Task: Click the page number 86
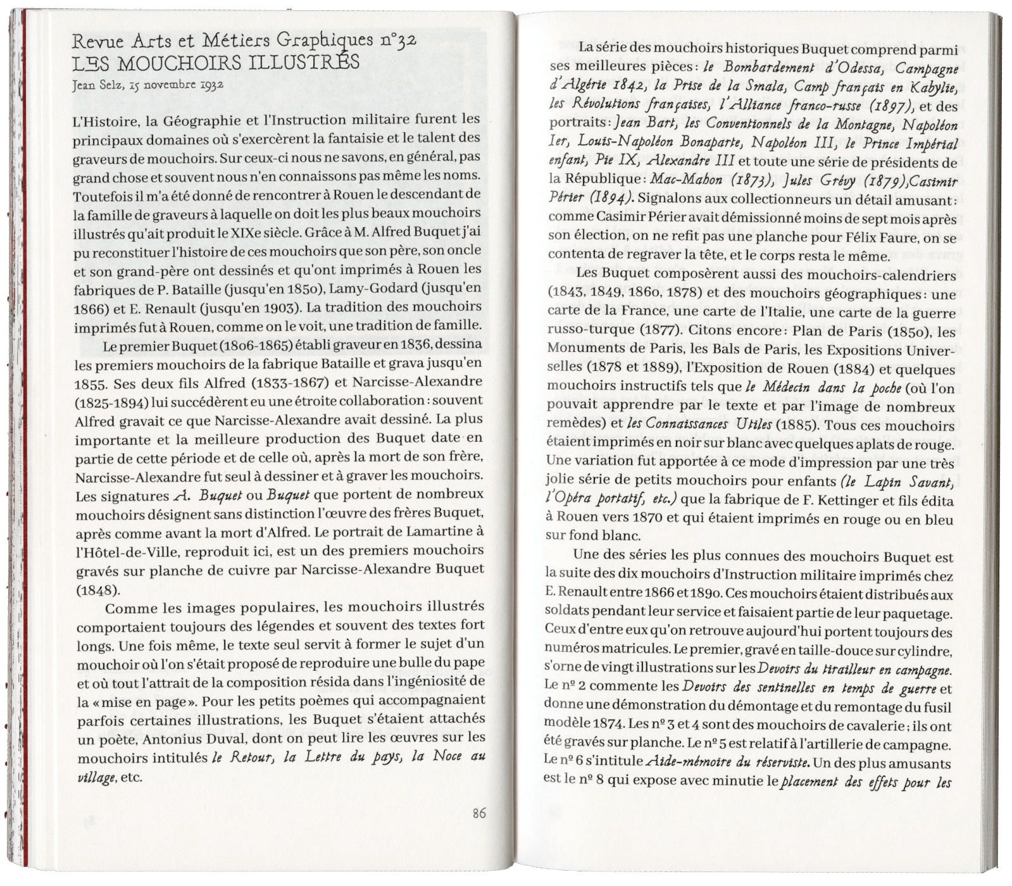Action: pos(478,813)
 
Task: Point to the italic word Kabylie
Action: pos(930,87)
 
